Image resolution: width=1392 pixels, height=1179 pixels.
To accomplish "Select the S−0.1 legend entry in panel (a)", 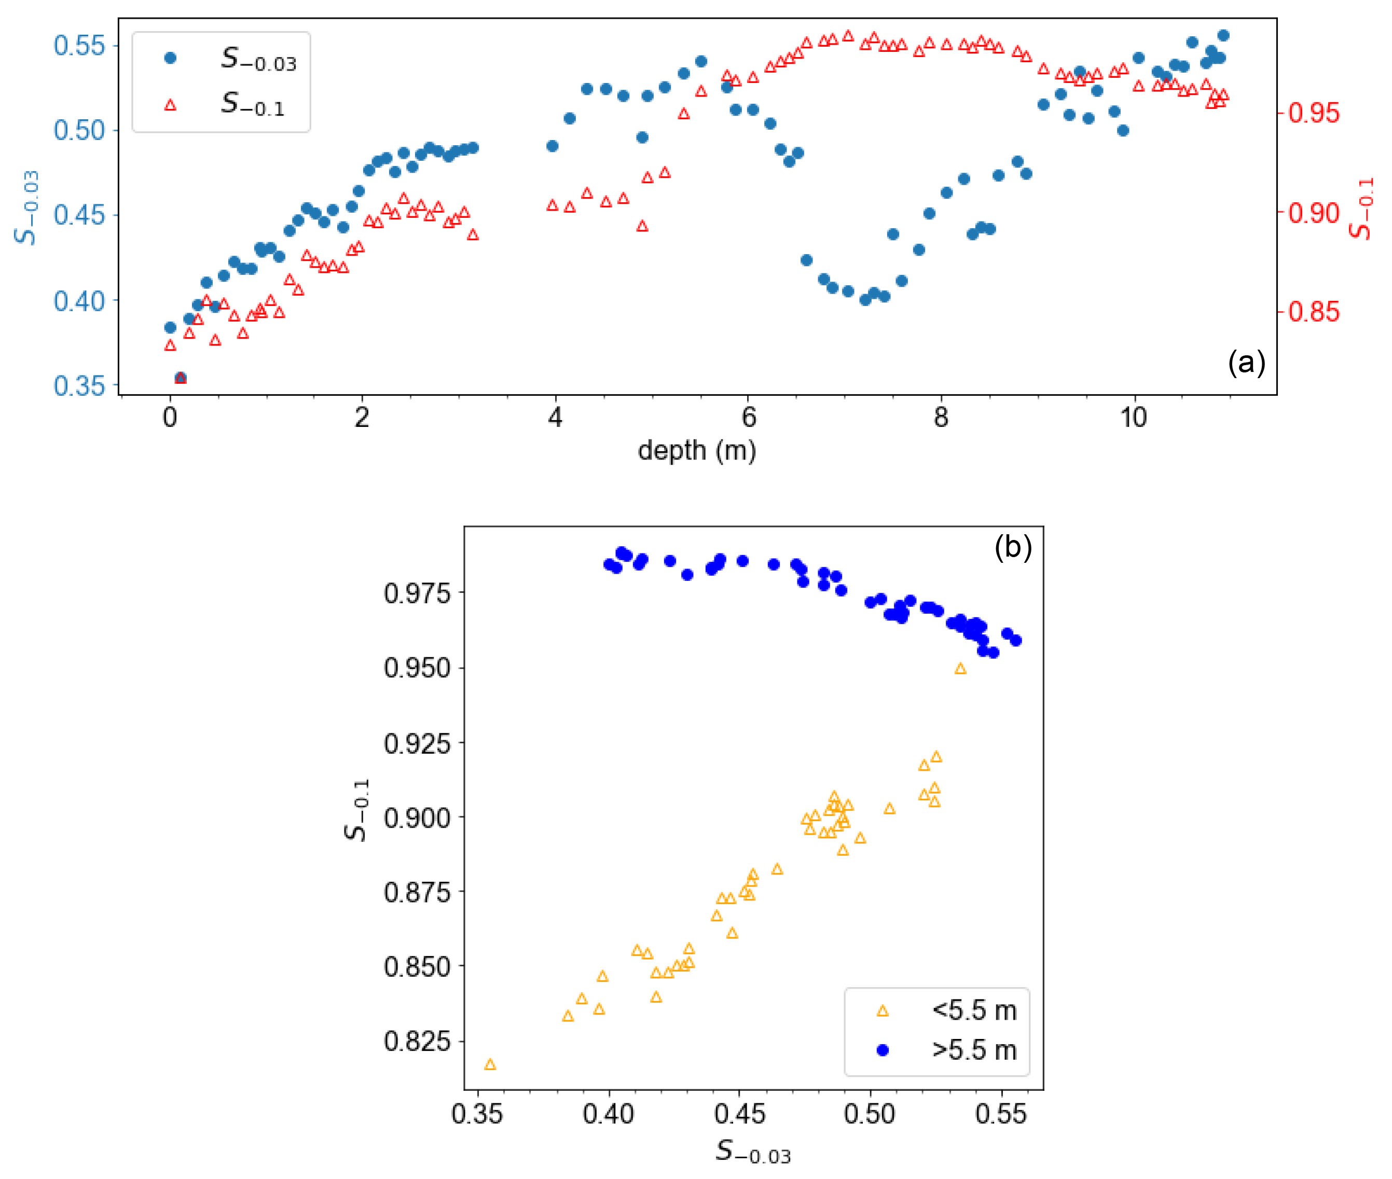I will [253, 104].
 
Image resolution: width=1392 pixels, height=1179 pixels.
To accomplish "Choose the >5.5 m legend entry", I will [973, 1050].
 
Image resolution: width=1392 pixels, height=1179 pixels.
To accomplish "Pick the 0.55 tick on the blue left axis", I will [79, 46].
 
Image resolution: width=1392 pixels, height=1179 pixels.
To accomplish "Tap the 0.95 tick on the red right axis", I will [1314, 113].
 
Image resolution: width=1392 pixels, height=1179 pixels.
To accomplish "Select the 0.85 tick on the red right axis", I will [1314, 311].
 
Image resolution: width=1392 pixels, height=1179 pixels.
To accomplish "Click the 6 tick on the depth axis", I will [748, 418].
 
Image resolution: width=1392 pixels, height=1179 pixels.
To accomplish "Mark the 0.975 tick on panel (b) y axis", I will [417, 593].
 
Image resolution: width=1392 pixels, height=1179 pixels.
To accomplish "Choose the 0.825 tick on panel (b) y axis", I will [417, 1042].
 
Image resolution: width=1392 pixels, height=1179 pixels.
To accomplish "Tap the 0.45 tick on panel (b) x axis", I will [739, 1114].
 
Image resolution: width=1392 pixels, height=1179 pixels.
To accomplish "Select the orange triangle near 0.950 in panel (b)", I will [960, 669].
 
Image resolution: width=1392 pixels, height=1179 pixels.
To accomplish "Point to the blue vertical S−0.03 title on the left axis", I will [28, 208].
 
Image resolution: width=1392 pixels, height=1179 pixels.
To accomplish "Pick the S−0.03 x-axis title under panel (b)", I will [753, 1152].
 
